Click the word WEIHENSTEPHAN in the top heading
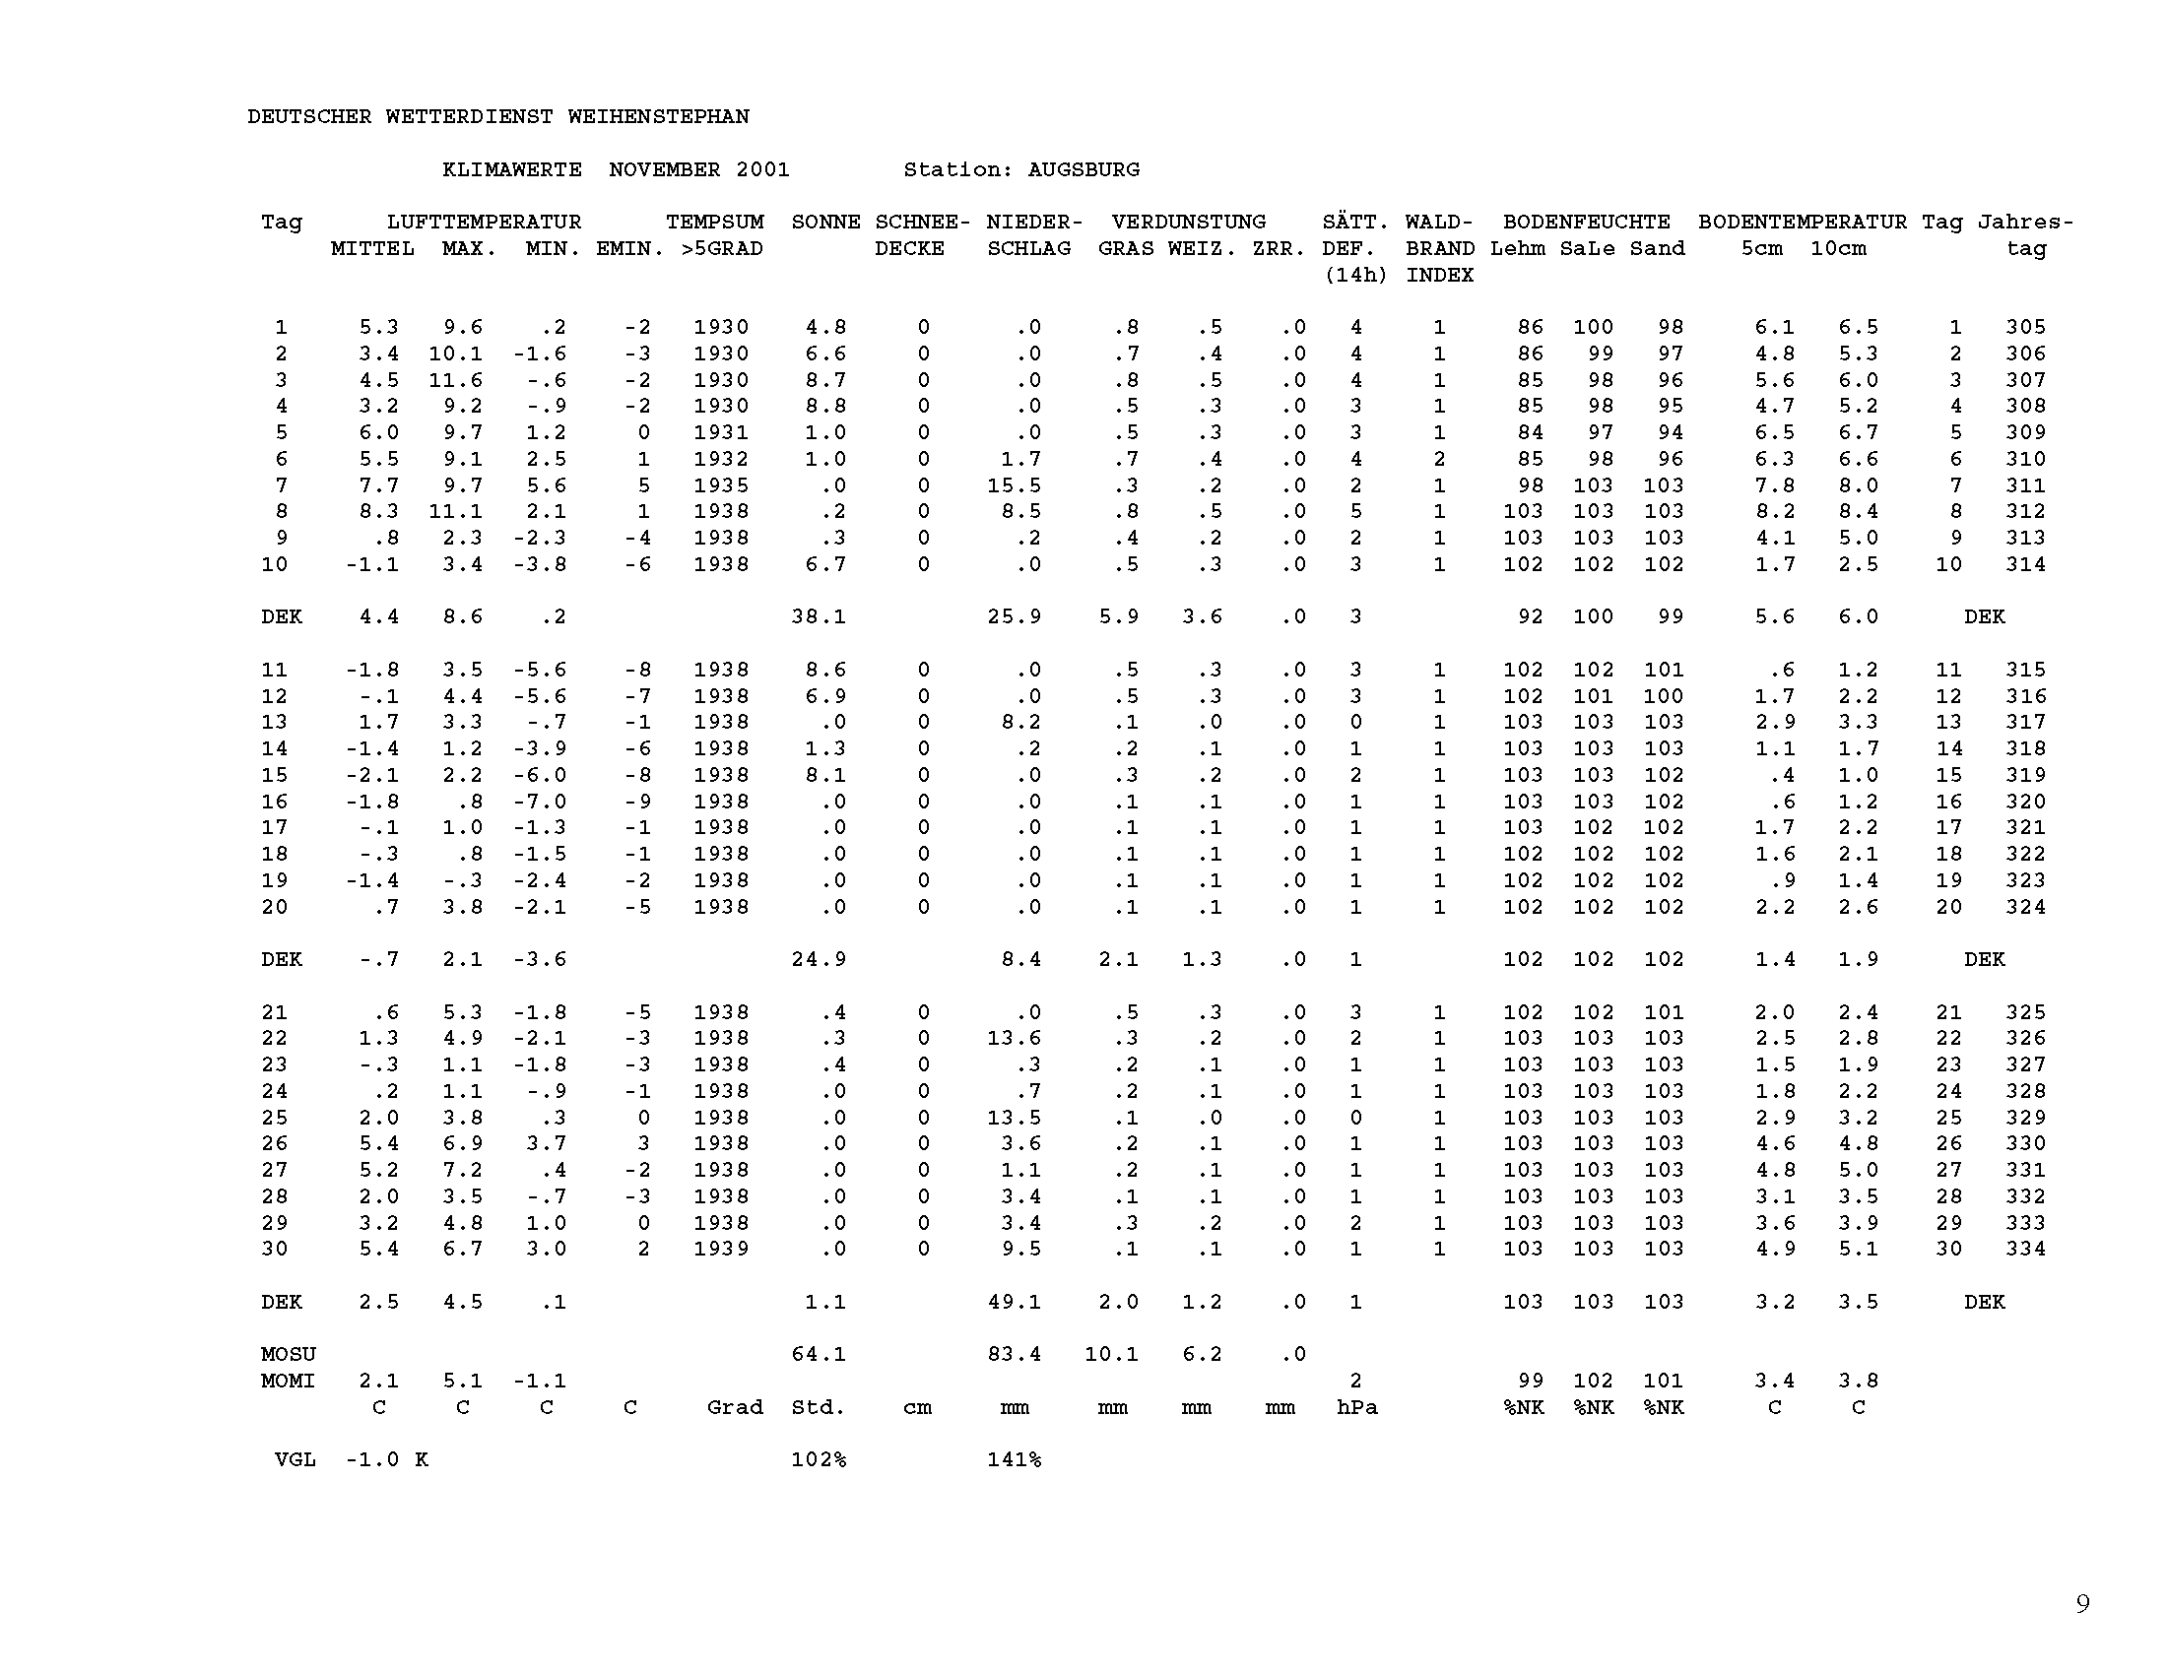(658, 117)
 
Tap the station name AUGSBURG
(1083, 169)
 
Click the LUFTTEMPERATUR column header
(484, 223)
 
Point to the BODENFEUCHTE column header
(1586, 223)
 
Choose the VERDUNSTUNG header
(1188, 223)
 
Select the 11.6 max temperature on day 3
(455, 380)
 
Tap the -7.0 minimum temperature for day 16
(540, 802)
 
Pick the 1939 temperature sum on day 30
(720, 1249)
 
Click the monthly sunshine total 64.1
(819, 1354)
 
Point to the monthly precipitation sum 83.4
(1014, 1354)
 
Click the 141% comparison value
(1014, 1459)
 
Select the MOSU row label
(288, 1354)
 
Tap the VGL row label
(295, 1459)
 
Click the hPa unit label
(1356, 1407)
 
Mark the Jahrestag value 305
(2025, 327)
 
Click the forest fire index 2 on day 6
(1439, 459)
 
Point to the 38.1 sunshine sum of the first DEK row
(819, 616)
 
